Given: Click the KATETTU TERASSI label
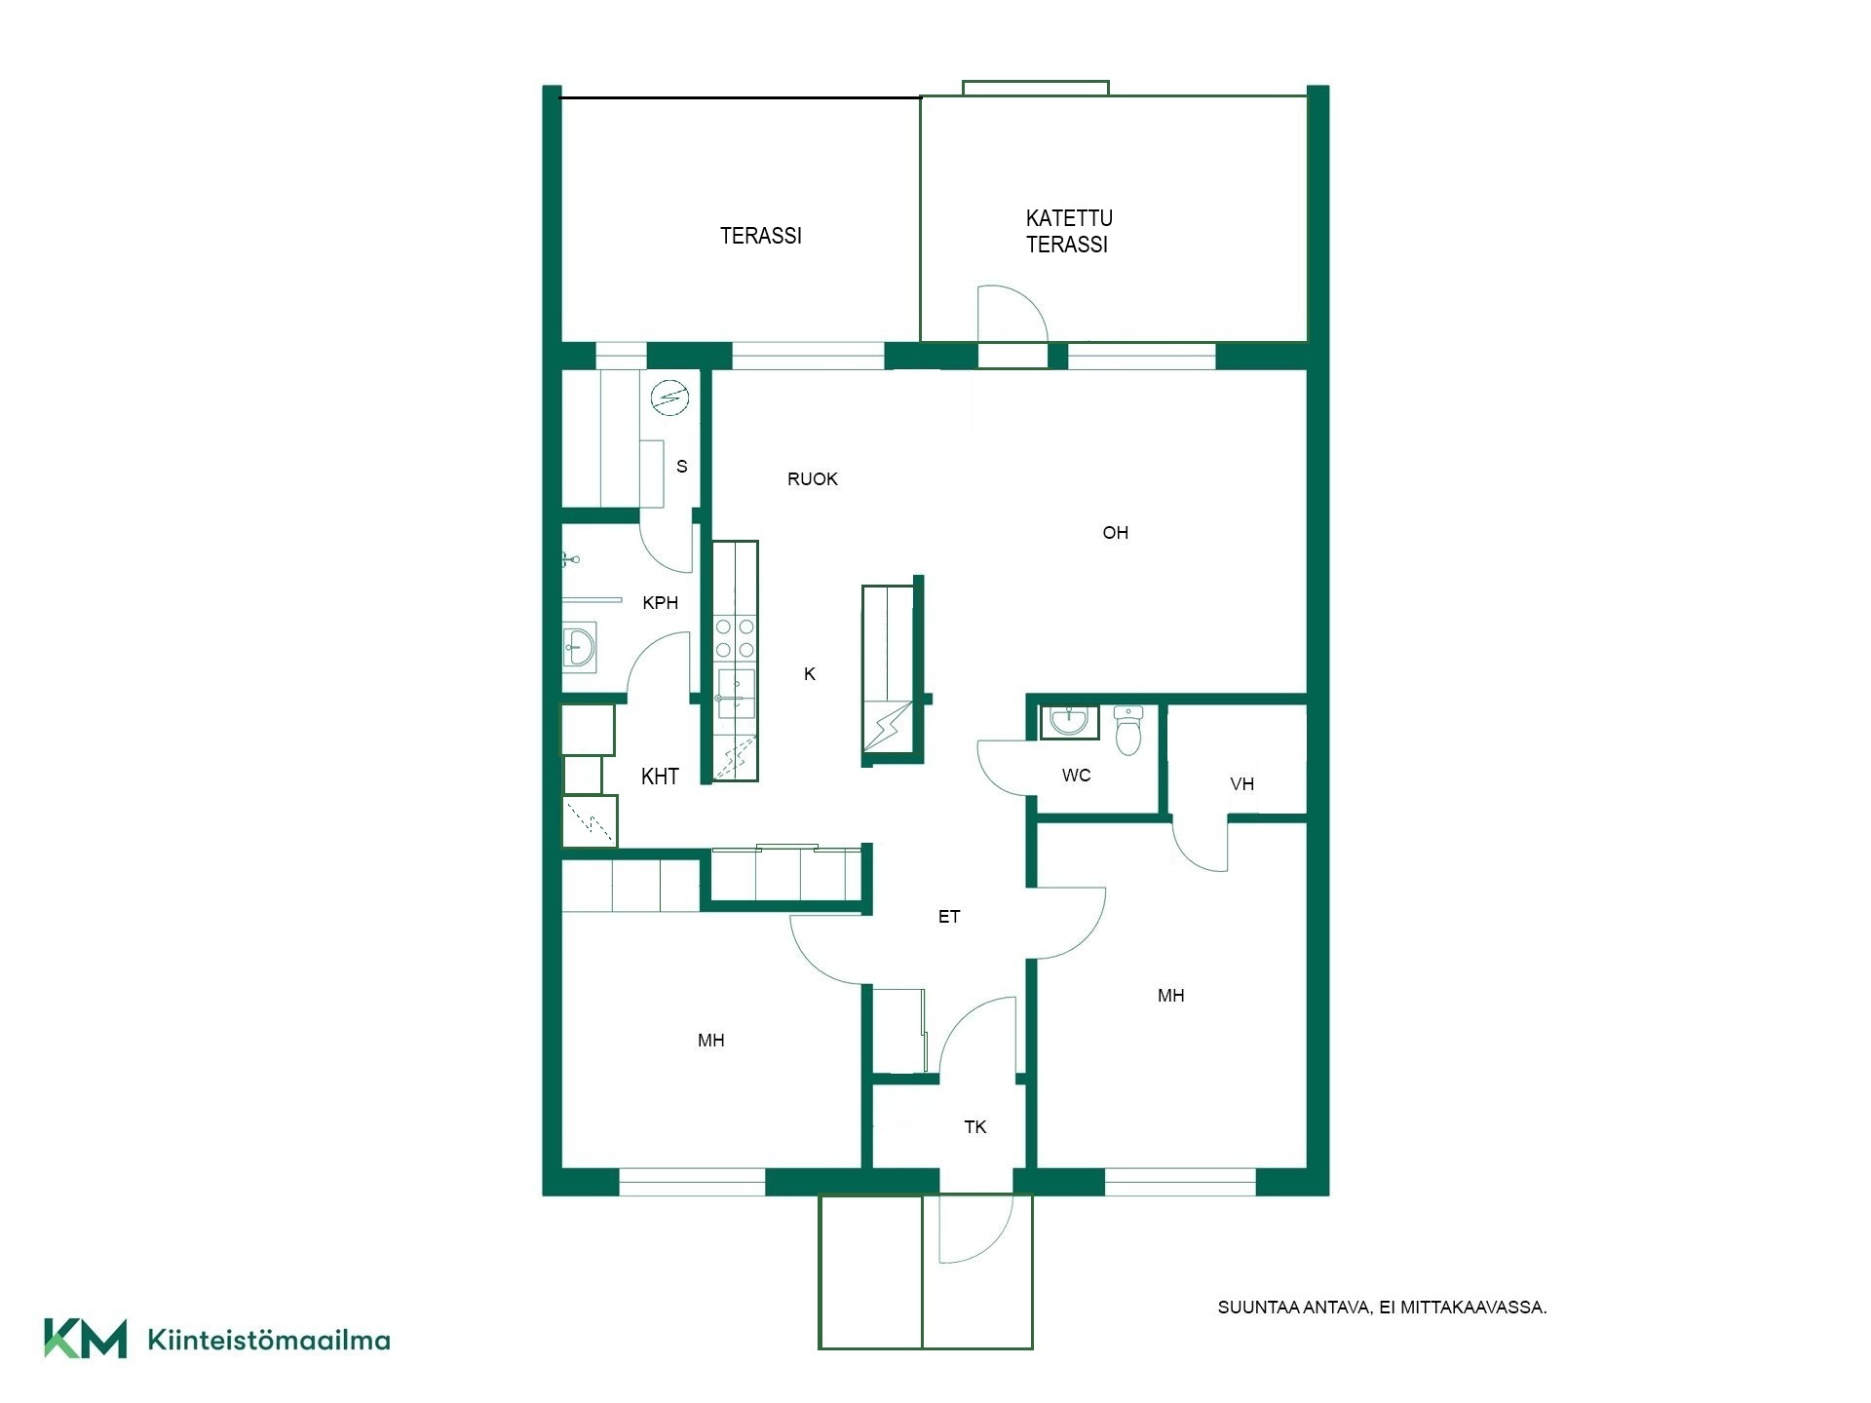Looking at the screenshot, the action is (x=1069, y=232).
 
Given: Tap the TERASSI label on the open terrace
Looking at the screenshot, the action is (x=761, y=236).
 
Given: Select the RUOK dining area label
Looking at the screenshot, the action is (x=813, y=479).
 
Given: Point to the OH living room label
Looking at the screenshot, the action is (x=1116, y=533).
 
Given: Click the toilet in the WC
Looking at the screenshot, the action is (x=1127, y=731).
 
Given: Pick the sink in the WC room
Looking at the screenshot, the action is (x=1070, y=722).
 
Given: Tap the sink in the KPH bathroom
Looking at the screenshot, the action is (x=580, y=648).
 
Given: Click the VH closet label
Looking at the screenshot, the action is (x=1242, y=784).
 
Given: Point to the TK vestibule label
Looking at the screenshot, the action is (x=975, y=1127).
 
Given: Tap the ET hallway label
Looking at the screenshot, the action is (x=949, y=917).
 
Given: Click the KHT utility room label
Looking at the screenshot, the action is (x=660, y=777).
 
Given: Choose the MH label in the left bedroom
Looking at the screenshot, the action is (x=711, y=1041).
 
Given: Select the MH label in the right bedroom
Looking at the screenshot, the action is (x=1171, y=996).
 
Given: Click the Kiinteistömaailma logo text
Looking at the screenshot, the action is (x=269, y=1341).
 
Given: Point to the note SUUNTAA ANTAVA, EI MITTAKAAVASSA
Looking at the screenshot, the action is (x=1382, y=1308).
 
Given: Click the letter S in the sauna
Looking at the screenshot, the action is (x=682, y=467).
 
